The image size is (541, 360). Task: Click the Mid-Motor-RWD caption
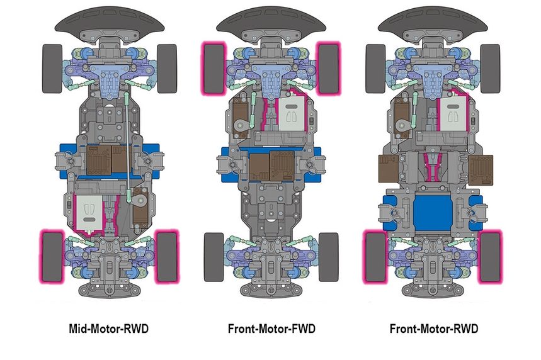click(109, 329)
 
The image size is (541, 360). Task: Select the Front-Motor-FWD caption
click(271, 329)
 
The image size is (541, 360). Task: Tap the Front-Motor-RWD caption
click(434, 329)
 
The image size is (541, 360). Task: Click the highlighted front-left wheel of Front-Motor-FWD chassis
click(212, 68)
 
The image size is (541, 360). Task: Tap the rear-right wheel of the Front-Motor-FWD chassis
click(328, 257)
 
